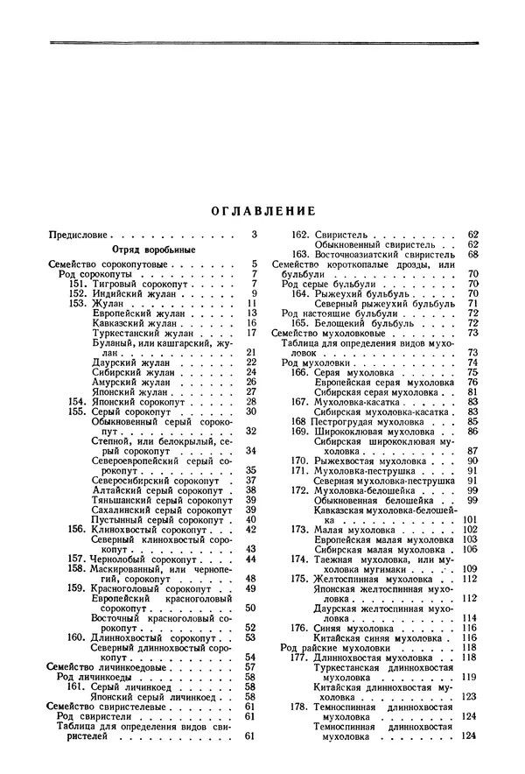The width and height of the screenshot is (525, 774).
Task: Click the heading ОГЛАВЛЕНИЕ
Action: pos(263,211)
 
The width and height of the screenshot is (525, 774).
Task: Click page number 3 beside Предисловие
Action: pos(255,235)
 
